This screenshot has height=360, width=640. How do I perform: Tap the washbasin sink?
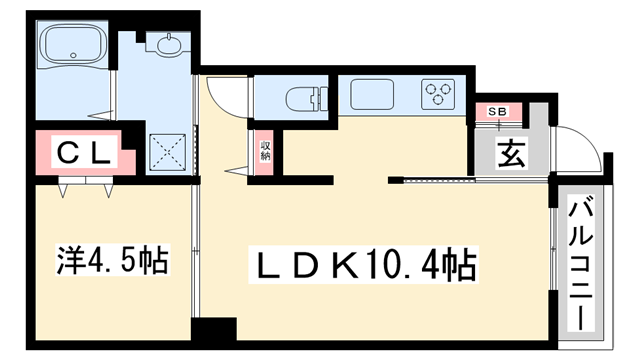click(165, 44)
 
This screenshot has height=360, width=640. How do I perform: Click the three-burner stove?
click(437, 96)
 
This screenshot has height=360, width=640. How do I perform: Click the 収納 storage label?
click(266, 151)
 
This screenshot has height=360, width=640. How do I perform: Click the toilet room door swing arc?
click(227, 95)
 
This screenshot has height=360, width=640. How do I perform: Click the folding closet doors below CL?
click(85, 184)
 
